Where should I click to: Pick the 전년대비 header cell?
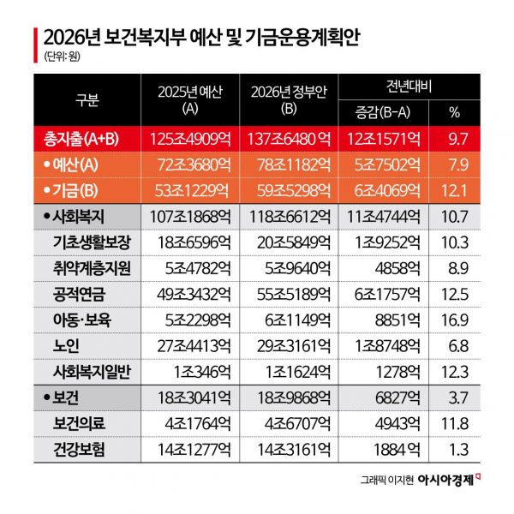point(409,87)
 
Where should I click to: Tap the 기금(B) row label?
point(77,188)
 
